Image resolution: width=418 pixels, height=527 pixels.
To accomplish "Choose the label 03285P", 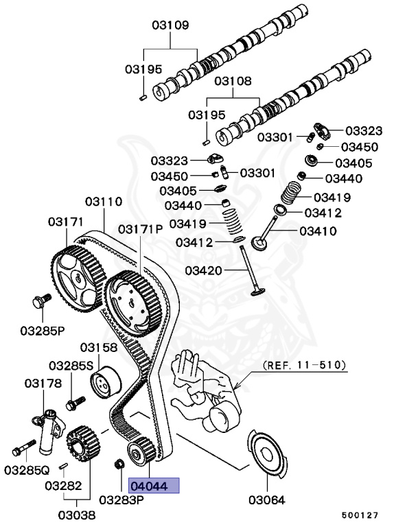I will coord(42,330).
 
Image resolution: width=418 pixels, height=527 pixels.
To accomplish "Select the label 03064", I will coord(266,500).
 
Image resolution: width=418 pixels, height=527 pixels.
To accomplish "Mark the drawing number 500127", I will coord(361,513).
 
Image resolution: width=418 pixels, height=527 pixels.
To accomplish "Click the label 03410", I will coord(318,231).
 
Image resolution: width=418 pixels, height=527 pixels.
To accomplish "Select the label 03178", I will coord(43,383).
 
